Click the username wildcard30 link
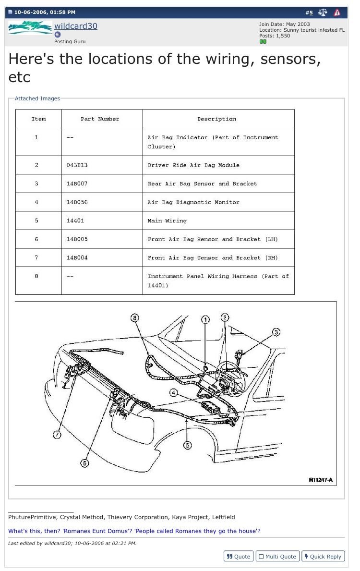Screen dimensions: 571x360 pyautogui.click(x=75, y=26)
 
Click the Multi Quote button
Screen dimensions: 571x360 pyautogui.click(x=277, y=556)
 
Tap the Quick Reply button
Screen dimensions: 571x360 pyautogui.click(x=322, y=556)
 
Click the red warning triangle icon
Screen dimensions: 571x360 pyautogui.click(x=337, y=12)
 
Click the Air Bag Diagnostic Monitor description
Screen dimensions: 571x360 pyautogui.click(x=193, y=202)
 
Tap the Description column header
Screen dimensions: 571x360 pyautogui.click(x=216, y=119)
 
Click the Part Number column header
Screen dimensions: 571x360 pyautogui.click(x=100, y=119)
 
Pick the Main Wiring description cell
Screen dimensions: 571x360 pyautogui.click(x=167, y=221)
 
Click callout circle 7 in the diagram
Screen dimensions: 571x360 pyautogui.click(x=57, y=435)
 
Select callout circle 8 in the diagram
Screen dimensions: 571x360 pyautogui.click(x=135, y=318)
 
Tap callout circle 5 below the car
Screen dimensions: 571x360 pyautogui.click(x=188, y=445)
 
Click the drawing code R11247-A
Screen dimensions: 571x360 pyautogui.click(x=321, y=480)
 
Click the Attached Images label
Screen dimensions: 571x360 pyautogui.click(x=37, y=98)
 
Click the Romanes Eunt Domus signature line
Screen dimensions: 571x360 pyautogui.click(x=134, y=531)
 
